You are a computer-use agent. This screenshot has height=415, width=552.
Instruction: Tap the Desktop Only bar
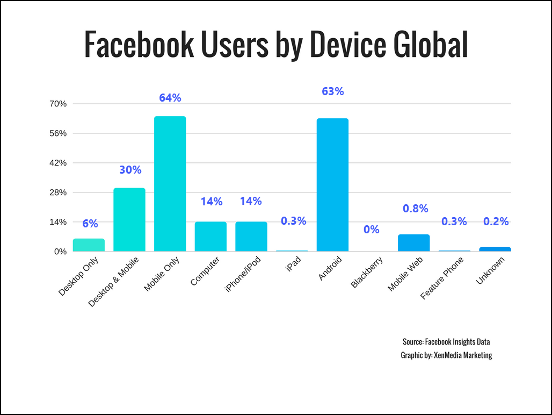pyautogui.click(x=89, y=245)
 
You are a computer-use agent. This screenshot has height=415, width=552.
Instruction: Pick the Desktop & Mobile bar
pyautogui.click(x=129, y=219)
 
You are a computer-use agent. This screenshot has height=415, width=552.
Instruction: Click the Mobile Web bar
pyautogui.click(x=413, y=243)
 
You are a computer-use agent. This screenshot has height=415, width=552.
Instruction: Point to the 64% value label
pyautogui.click(x=170, y=98)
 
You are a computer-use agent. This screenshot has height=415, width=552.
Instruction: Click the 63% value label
pyautogui.click(x=332, y=91)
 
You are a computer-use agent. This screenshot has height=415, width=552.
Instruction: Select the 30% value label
pyautogui.click(x=130, y=170)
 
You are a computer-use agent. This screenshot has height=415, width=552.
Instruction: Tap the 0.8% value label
pyautogui.click(x=415, y=209)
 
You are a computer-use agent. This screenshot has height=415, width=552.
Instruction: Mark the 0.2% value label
pyautogui.click(x=496, y=221)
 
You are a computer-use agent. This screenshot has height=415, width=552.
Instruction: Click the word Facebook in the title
pyautogui.click(x=139, y=45)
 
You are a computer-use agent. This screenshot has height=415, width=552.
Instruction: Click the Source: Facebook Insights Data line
pyautogui.click(x=446, y=342)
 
